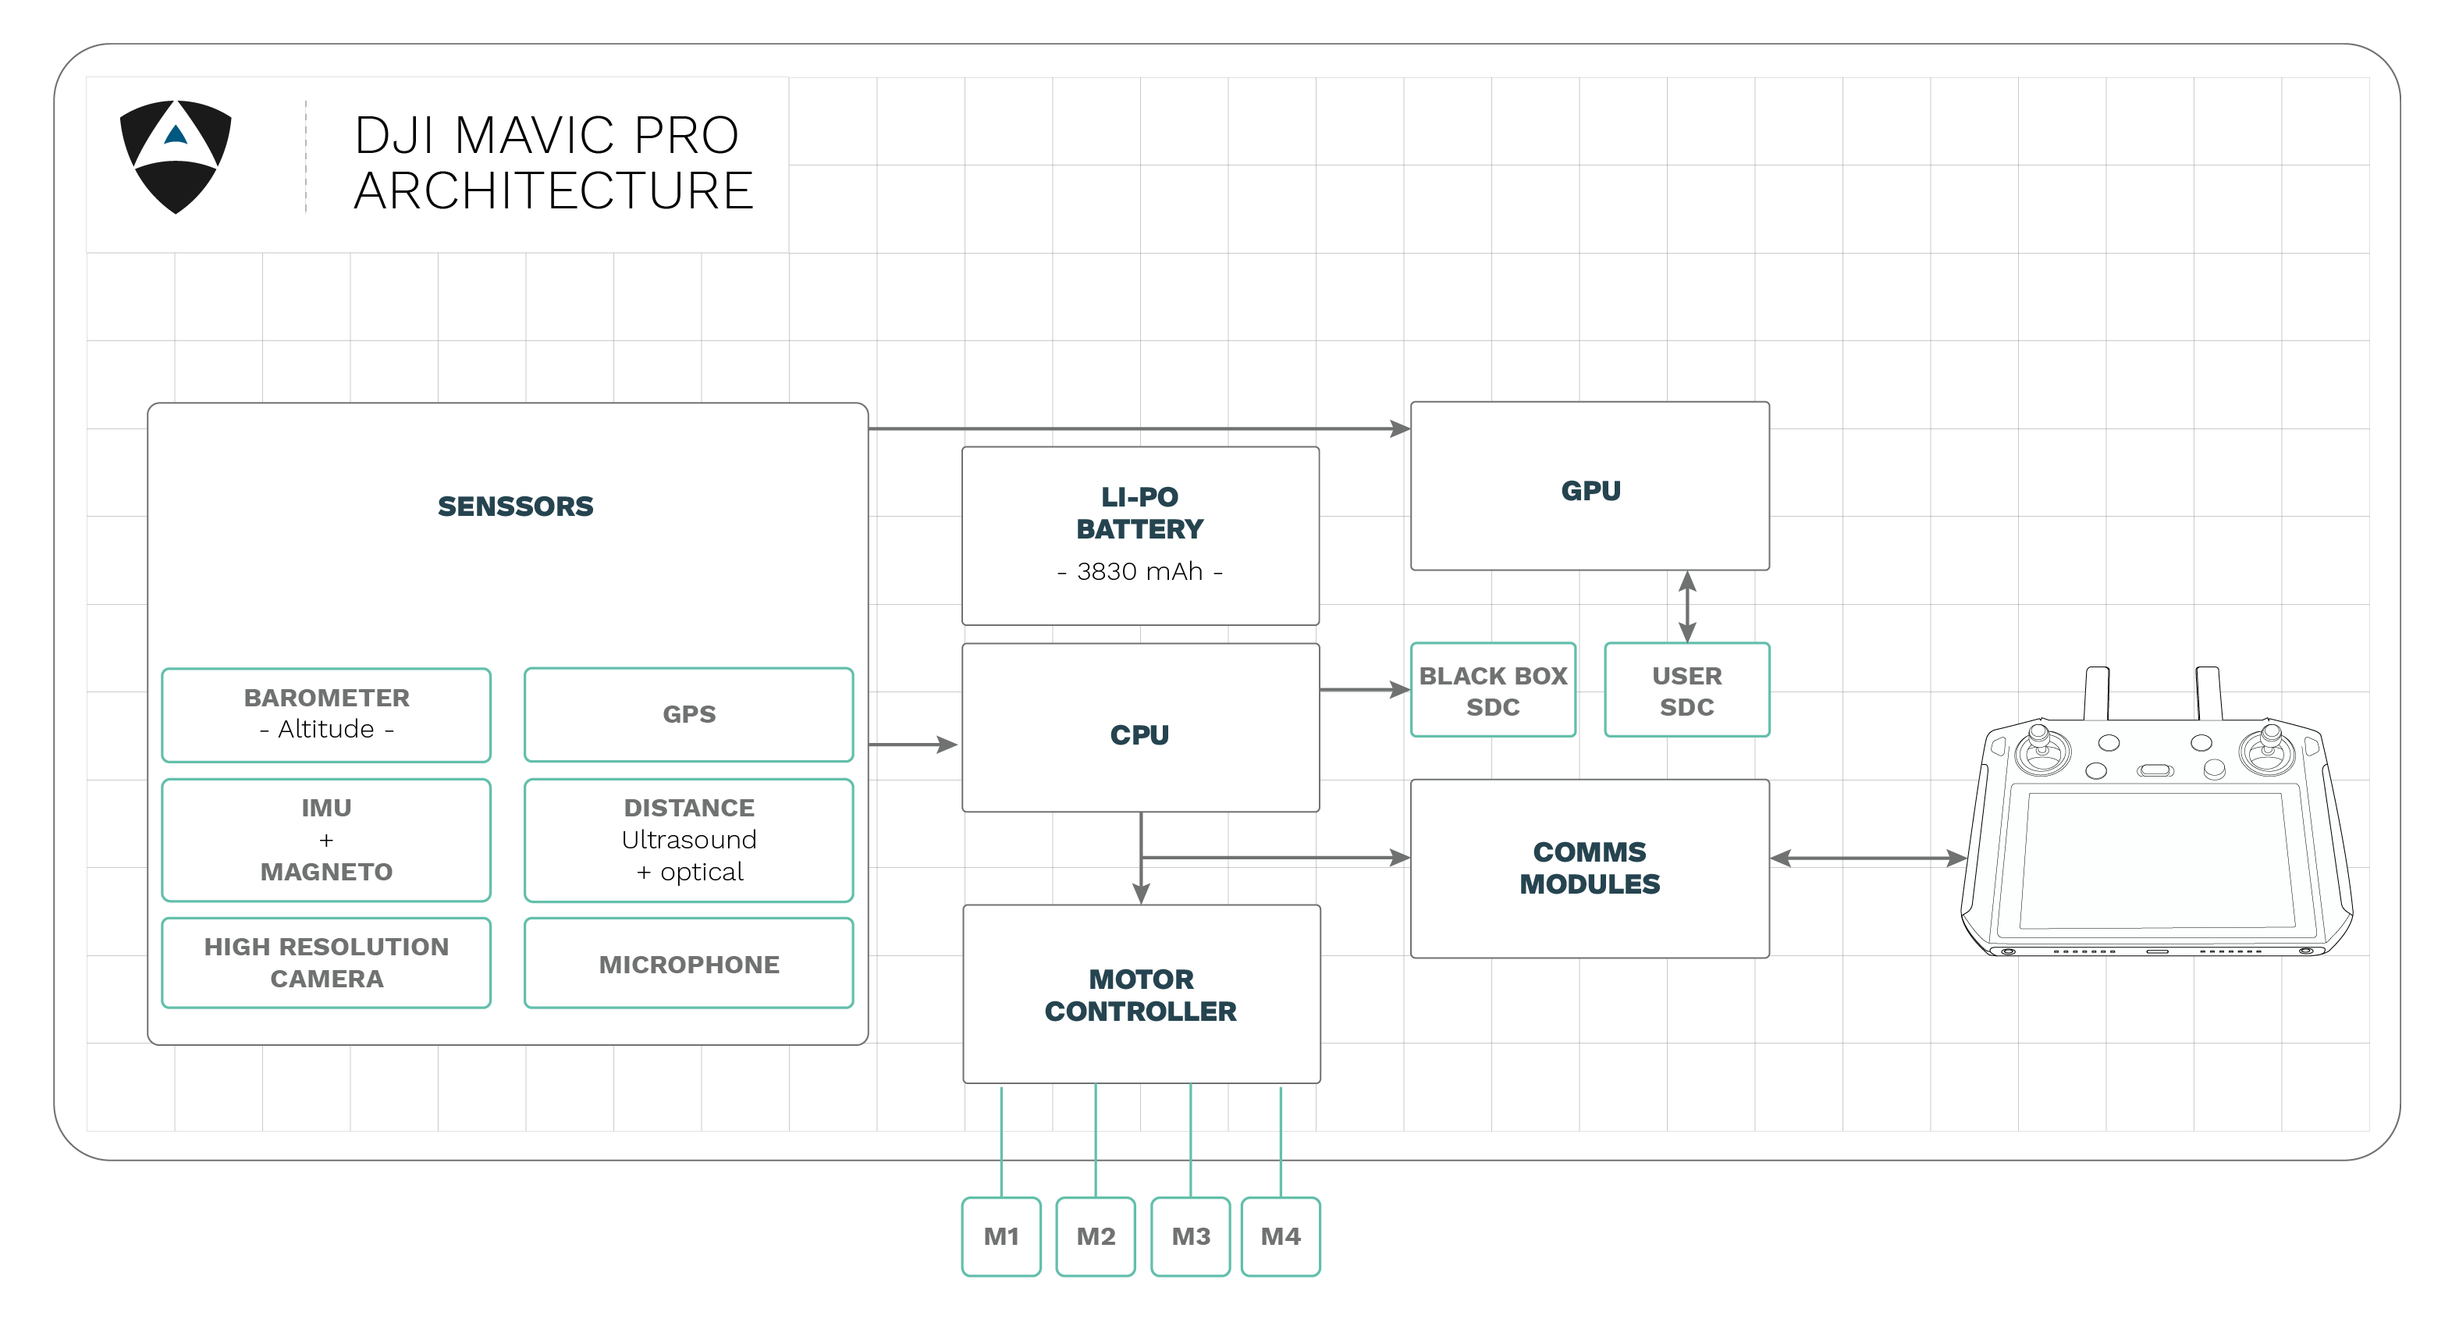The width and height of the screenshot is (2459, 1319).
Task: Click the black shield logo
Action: click(x=175, y=155)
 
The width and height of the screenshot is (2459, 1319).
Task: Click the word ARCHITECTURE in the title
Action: click(x=553, y=191)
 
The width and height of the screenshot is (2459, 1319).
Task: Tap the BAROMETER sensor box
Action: click(x=325, y=714)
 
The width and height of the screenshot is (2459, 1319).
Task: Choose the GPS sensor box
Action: click(x=688, y=714)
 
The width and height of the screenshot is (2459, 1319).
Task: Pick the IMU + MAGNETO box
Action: click(x=325, y=840)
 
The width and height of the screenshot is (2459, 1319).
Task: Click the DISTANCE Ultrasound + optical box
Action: click(x=688, y=840)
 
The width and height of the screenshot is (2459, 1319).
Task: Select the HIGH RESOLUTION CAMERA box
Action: click(x=325, y=962)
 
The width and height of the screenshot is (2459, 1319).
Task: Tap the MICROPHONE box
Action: click(x=688, y=964)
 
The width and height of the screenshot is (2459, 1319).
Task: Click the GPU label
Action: click(x=1590, y=491)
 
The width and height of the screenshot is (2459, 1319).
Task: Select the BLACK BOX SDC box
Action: click(x=1492, y=690)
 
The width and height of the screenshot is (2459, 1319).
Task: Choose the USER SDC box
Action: click(x=1686, y=690)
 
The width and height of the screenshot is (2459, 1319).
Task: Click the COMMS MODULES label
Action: click(x=1590, y=868)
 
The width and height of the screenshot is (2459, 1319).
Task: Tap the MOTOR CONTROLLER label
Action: click(x=1140, y=994)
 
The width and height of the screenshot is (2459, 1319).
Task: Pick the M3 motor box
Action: click(x=1189, y=1236)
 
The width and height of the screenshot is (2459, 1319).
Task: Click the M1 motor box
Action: click(x=1000, y=1236)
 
